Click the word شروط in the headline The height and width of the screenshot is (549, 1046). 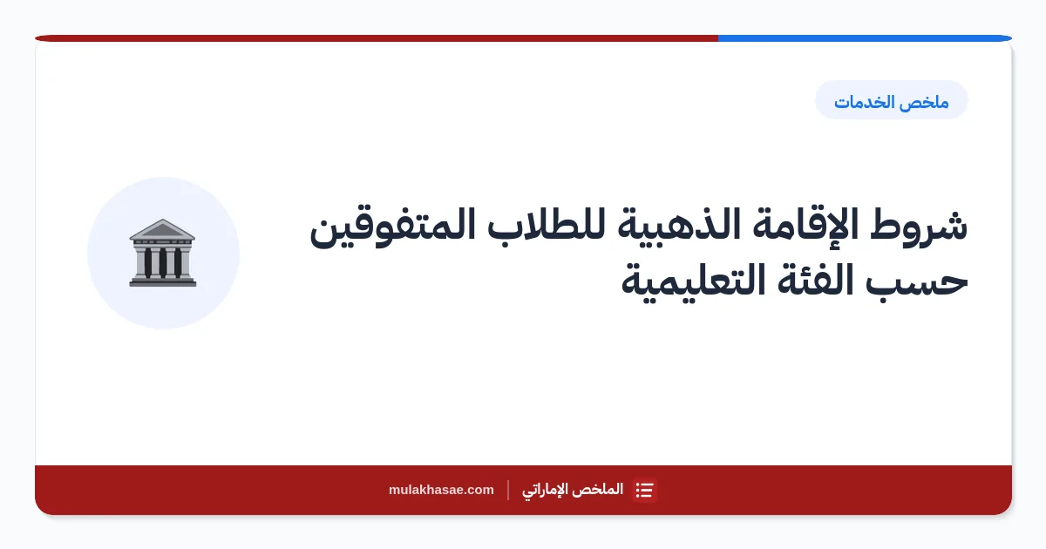pos(919,227)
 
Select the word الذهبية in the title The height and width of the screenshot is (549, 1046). pos(679,226)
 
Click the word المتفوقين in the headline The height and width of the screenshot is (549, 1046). pos(392,227)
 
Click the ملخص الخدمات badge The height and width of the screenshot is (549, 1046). pos(892,100)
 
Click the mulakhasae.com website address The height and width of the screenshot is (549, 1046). pos(441,490)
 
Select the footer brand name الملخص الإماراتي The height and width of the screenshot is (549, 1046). pos(573,490)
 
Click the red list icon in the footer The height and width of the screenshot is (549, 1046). pos(644,490)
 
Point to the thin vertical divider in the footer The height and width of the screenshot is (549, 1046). pos(508,490)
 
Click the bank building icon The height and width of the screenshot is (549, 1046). pos(162,253)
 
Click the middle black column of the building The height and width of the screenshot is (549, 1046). pos(162,263)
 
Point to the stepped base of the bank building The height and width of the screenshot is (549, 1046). pos(162,281)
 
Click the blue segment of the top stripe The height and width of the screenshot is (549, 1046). pos(865,38)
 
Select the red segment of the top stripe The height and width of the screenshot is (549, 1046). pos(377,38)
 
